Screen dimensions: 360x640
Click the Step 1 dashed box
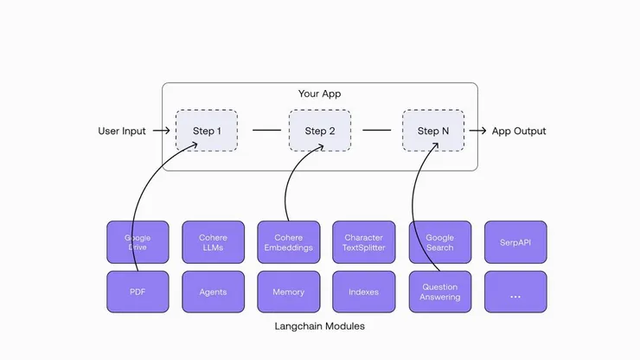click(x=206, y=132)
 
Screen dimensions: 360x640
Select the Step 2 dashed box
click(x=319, y=132)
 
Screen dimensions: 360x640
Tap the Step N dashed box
click(x=432, y=132)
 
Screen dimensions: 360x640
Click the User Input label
click(x=122, y=132)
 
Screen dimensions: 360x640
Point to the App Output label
click(x=519, y=132)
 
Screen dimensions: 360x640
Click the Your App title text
click(x=319, y=93)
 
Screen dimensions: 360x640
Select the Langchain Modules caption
click(x=319, y=325)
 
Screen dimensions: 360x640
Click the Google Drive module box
click(x=138, y=242)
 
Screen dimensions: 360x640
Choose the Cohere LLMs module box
click(x=213, y=242)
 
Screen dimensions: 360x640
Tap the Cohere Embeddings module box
click(x=289, y=242)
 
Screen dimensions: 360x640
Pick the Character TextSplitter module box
click(x=364, y=242)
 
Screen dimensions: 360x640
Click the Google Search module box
click(x=439, y=242)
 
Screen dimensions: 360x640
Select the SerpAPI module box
click(x=515, y=242)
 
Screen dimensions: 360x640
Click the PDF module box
click(x=138, y=292)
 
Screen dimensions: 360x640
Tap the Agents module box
click(x=213, y=292)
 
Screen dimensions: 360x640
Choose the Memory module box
click(x=289, y=292)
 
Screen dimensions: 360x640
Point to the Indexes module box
click(x=364, y=292)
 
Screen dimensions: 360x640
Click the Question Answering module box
click(x=439, y=292)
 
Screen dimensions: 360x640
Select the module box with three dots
click(x=515, y=292)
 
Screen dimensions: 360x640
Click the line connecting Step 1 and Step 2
click(x=266, y=132)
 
